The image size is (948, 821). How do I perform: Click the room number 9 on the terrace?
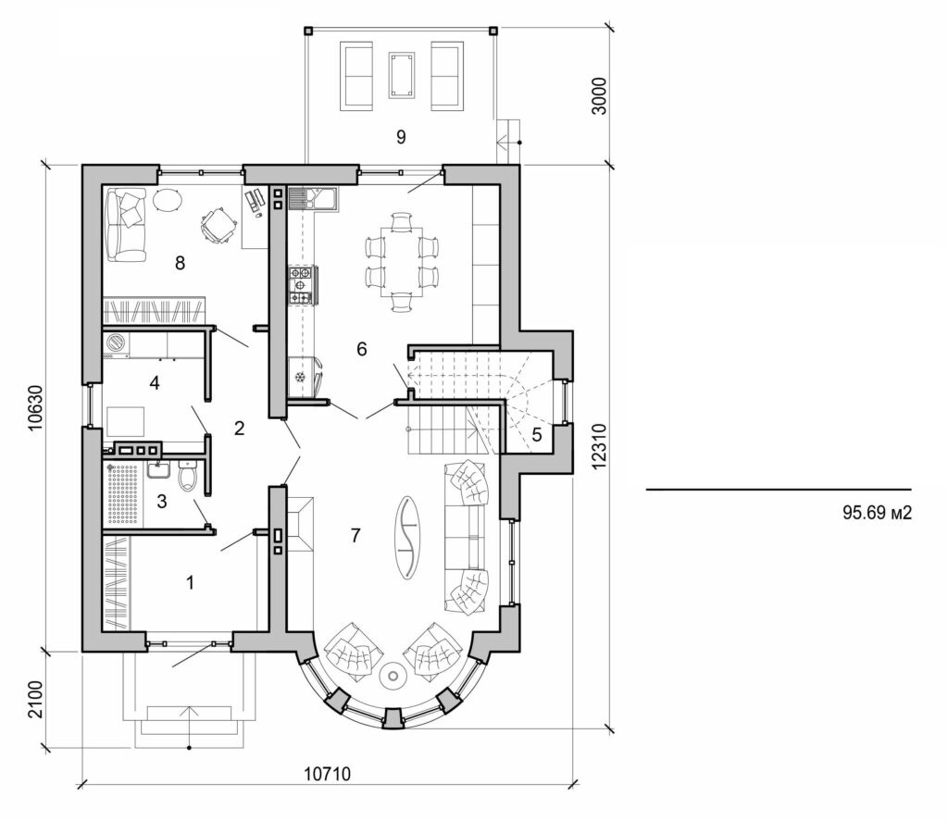coord(401,137)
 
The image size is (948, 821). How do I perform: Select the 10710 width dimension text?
coord(329,773)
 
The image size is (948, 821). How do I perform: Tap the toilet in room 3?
coord(189,478)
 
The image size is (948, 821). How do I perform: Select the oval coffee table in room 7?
coord(407,536)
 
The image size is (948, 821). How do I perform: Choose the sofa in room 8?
coord(125,223)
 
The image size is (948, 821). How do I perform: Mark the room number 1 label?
coord(192,583)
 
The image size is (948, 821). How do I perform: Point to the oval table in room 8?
coord(168,201)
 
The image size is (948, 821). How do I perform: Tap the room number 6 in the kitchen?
coord(362,349)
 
